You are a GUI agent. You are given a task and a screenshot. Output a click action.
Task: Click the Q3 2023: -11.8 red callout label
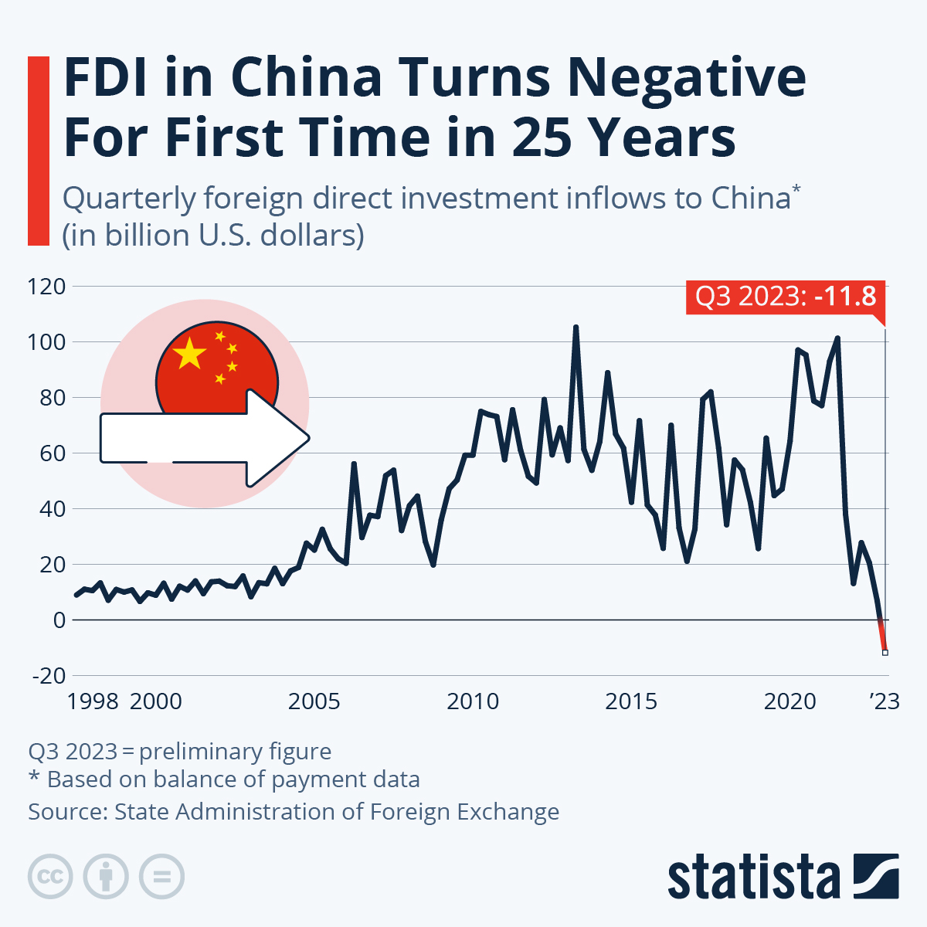[x=785, y=297]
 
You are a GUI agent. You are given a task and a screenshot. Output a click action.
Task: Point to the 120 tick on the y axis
[x=46, y=287]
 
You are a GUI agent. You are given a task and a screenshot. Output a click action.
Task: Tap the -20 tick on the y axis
[x=48, y=676]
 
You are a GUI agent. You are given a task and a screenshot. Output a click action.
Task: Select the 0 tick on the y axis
[x=59, y=620]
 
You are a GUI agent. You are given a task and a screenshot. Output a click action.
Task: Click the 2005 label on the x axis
[x=314, y=701]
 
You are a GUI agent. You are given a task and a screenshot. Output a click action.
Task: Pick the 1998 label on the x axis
[x=93, y=701]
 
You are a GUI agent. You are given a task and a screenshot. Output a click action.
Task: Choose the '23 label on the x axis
[x=885, y=701]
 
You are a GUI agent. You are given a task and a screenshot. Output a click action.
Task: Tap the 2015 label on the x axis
[x=631, y=701]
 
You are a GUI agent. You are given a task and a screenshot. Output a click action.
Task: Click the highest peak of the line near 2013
[x=576, y=328]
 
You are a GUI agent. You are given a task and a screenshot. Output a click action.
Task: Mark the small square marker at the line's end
[x=885, y=653]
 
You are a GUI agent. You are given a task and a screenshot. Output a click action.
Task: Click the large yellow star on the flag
[x=190, y=354]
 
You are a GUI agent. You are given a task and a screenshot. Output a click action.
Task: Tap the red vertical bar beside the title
[x=39, y=151]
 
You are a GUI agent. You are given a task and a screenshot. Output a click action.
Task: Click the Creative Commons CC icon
[x=50, y=877]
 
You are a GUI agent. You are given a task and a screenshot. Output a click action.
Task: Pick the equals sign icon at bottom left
[x=162, y=877]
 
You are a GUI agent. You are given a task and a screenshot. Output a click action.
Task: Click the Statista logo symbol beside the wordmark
[x=876, y=876]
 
